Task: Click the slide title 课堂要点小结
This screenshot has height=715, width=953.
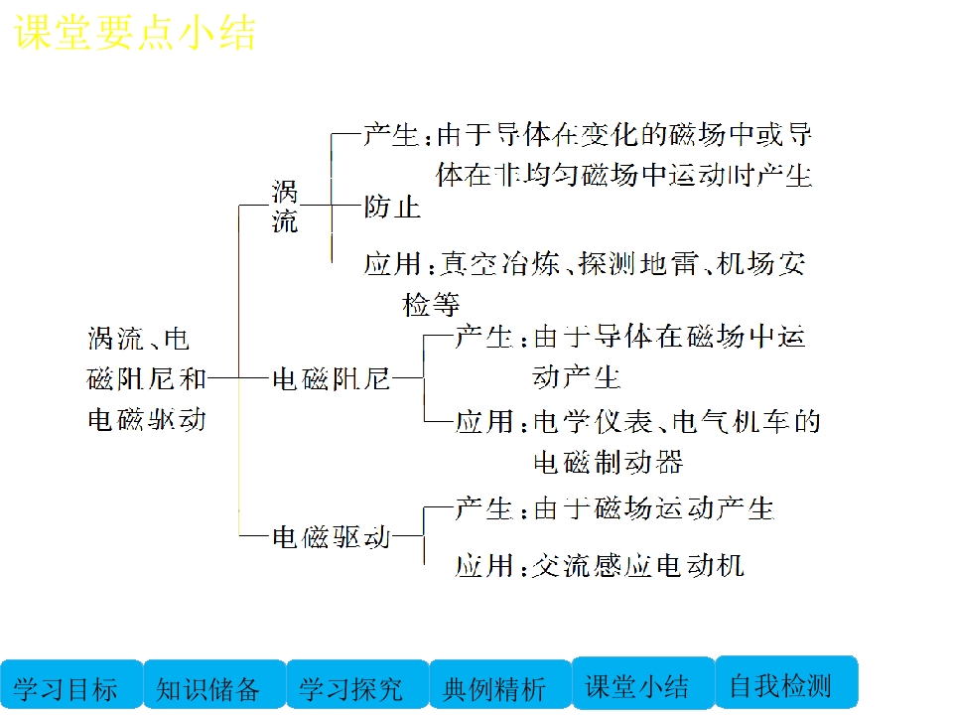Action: (x=135, y=33)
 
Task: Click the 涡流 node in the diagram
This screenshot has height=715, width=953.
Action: (x=285, y=207)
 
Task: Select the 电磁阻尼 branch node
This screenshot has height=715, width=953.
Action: (x=331, y=377)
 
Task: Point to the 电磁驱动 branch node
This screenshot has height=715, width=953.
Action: (x=331, y=537)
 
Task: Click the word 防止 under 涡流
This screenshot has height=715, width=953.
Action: (x=392, y=207)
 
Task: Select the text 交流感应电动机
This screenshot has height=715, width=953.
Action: (x=638, y=566)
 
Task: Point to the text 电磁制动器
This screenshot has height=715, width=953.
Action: (x=609, y=462)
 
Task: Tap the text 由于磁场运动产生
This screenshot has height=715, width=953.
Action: (x=653, y=508)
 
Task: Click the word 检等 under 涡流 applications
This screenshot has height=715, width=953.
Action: (x=431, y=304)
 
